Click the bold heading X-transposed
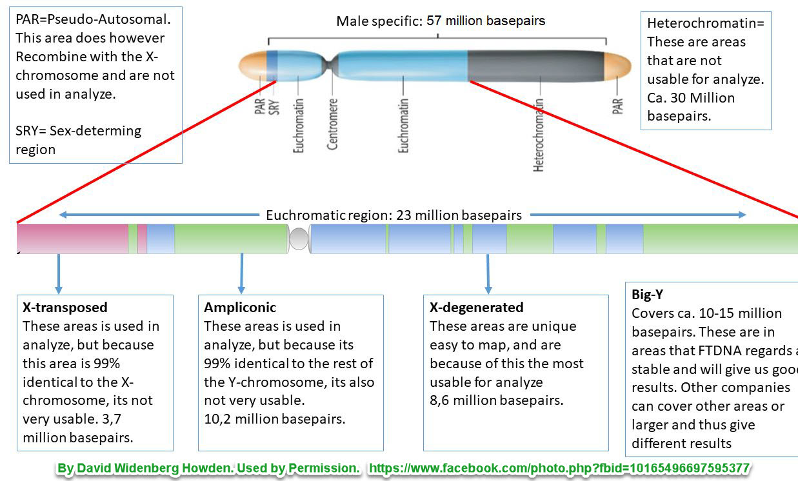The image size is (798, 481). (65, 308)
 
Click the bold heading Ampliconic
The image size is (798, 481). (240, 308)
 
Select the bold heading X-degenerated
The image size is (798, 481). (477, 308)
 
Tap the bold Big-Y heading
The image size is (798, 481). (648, 295)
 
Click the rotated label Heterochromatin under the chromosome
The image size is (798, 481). (539, 135)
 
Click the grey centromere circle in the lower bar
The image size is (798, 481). (299, 239)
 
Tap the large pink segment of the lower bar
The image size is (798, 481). (72, 239)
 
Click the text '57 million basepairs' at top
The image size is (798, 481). (485, 21)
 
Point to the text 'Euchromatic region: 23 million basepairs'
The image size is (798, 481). (394, 215)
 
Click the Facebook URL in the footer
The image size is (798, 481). (559, 468)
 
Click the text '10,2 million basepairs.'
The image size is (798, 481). (275, 419)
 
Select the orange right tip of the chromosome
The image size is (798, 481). (617, 66)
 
